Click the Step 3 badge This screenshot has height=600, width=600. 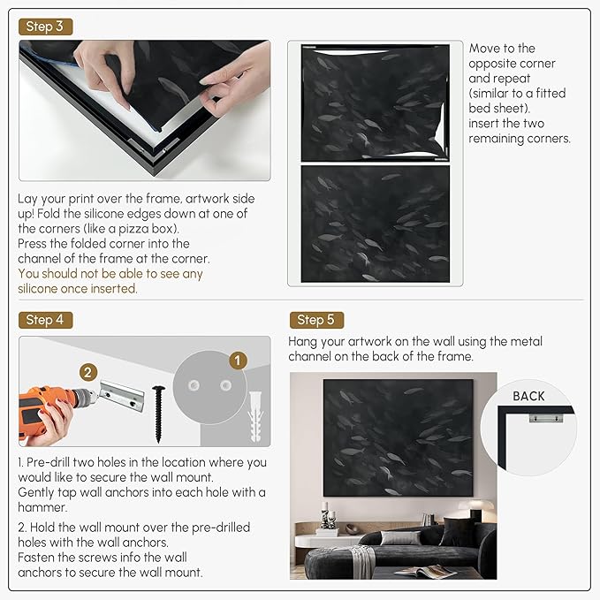point(46,27)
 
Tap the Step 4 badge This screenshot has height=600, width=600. point(46,320)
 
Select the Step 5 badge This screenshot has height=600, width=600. point(316,320)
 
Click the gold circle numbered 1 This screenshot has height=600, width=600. point(238,361)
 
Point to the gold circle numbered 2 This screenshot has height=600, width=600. point(88,372)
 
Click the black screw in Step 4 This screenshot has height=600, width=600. point(158,414)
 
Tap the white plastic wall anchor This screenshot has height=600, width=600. point(255,417)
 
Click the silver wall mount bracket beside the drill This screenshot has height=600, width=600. point(122,397)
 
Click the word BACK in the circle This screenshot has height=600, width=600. point(528,396)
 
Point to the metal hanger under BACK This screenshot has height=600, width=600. point(546,417)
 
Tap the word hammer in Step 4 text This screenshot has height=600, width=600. point(42,507)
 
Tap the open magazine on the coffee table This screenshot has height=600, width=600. point(425,572)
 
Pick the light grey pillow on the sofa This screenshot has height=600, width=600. point(400,537)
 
